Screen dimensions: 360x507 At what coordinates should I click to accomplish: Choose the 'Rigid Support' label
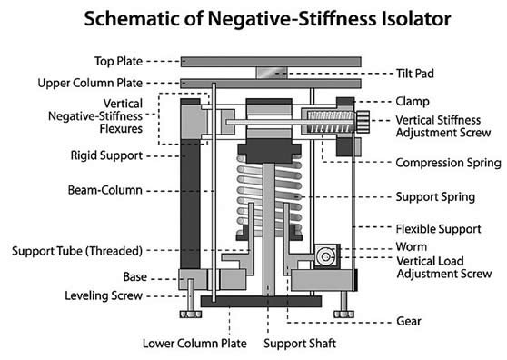click(106, 155)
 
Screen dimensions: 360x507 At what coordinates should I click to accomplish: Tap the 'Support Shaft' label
click(300, 344)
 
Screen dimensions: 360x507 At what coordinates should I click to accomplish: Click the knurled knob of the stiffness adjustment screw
click(362, 123)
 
